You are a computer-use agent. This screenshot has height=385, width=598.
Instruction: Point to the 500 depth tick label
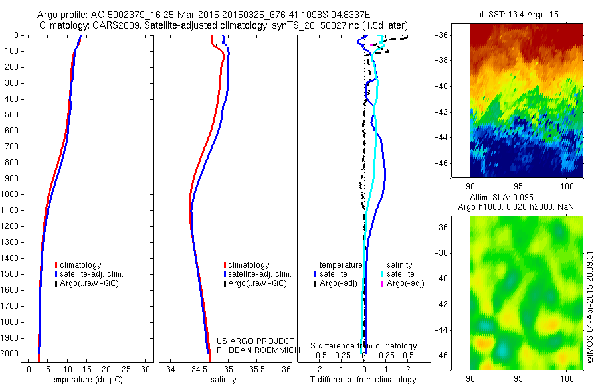pos(10,115)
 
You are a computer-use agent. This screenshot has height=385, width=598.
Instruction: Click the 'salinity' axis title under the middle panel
pos(223,380)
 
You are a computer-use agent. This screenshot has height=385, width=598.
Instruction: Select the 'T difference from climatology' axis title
pos(363,380)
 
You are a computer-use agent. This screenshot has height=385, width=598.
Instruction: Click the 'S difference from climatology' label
pos(364,346)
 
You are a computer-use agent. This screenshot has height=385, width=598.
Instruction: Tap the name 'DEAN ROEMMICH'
pos(255,350)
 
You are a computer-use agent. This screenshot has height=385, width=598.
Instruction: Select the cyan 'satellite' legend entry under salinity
pos(401,273)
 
